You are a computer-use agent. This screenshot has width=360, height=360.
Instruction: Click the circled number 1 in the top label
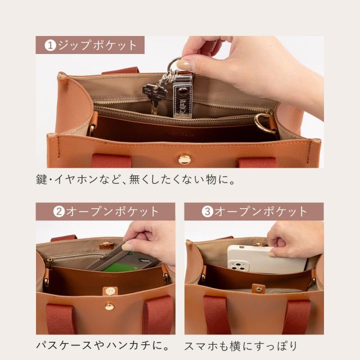50,45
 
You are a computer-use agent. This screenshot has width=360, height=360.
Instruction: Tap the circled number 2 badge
59,211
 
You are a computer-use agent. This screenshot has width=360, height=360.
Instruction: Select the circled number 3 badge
208,211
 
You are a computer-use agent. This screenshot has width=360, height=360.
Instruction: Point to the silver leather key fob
182,96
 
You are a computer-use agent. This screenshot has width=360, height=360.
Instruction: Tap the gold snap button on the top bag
184,159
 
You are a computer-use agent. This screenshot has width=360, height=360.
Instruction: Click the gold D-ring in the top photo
264,123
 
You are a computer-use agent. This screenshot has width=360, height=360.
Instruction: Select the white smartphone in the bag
266,259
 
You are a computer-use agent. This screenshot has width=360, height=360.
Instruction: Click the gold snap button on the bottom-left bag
109,306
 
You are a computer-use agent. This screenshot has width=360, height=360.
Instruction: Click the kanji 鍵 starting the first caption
42,179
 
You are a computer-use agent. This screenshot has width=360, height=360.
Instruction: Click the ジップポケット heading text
97,45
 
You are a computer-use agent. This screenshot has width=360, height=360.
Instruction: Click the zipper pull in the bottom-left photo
49,260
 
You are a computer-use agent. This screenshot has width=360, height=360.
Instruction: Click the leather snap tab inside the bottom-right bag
258,289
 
